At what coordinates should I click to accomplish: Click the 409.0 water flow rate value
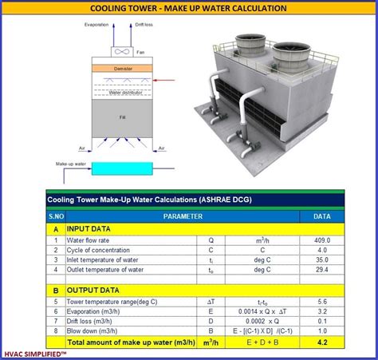pyautogui.click(x=322, y=239)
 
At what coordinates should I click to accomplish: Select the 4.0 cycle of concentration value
pyautogui.click(x=322, y=249)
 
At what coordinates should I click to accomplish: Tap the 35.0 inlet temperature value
pyautogui.click(x=322, y=259)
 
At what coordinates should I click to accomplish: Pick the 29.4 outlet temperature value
pyautogui.click(x=322, y=270)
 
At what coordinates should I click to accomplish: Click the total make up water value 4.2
pyautogui.click(x=322, y=342)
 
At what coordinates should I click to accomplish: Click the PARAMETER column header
pyautogui.click(x=183, y=216)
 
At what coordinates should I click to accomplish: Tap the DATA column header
pyautogui.click(x=322, y=216)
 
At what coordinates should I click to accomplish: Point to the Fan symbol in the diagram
pyautogui.click(x=122, y=52)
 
